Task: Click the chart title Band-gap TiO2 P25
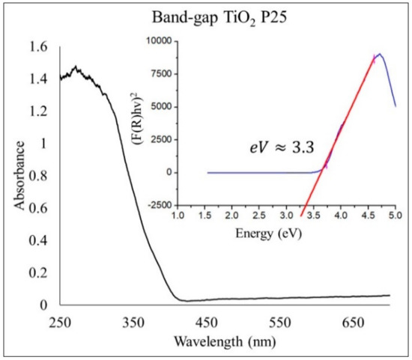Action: click(219, 19)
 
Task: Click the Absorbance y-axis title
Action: click(19, 175)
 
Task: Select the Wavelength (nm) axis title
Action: click(225, 341)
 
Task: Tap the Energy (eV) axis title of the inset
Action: click(268, 234)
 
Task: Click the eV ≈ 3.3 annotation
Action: click(282, 148)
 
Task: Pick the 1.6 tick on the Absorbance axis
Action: click(38, 47)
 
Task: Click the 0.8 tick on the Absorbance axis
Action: click(38, 176)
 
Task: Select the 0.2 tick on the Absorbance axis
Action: click(38, 272)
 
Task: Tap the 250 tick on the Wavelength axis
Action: click(60, 322)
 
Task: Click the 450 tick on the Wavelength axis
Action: click(207, 322)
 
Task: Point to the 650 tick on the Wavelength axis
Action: click(354, 322)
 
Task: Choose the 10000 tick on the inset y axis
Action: click(160, 41)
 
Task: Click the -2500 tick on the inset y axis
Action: click(160, 205)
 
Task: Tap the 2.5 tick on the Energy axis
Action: click(259, 216)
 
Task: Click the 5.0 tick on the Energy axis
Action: click(396, 216)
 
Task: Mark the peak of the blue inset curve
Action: click(380, 54)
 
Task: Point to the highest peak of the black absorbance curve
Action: click(76, 66)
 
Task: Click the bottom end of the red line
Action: click(301, 216)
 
